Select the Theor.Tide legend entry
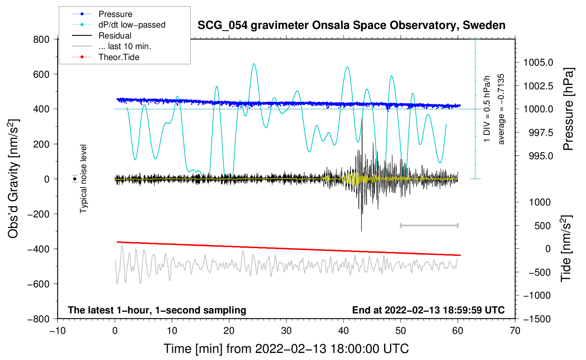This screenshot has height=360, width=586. pos(119,57)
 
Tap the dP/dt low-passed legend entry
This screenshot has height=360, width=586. pos(132,25)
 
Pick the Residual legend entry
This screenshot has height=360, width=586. pos(115,36)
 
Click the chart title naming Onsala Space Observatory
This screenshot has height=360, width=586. pos(351,25)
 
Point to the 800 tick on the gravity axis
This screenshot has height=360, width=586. pos(41,39)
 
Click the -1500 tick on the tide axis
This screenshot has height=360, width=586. pos(537,319)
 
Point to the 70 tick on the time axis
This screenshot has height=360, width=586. pos(515,331)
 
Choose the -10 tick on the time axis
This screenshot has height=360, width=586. pos(58,331)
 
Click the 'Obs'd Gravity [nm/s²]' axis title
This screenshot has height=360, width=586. pos(13,179)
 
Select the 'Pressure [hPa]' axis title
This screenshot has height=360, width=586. pos(568,109)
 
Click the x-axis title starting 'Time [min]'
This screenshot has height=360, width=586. pos(286,349)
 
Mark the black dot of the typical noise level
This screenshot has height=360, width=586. pos(75,179)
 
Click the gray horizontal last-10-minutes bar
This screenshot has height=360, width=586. pos(429,225)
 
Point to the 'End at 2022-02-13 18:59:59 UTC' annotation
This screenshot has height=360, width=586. pos(428,310)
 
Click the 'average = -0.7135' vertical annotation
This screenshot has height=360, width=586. pos(501,109)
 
